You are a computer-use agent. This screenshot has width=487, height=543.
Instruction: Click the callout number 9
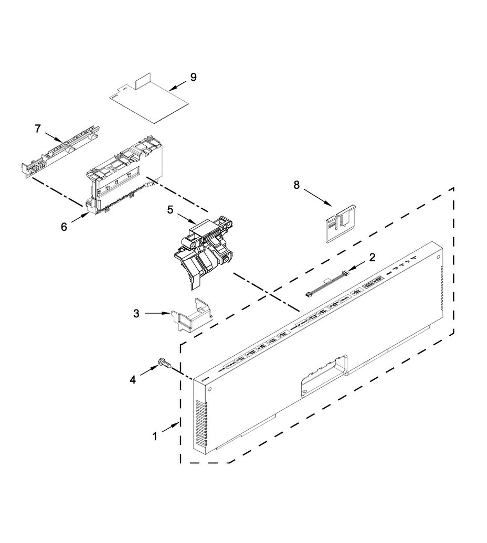(193, 78)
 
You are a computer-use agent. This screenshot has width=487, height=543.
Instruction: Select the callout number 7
(37, 128)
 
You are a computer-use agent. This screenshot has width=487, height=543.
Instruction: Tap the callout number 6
(63, 227)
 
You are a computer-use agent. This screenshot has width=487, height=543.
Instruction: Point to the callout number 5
(170, 209)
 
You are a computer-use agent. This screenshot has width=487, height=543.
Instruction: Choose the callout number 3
(136, 313)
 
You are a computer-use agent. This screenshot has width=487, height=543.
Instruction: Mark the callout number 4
(133, 379)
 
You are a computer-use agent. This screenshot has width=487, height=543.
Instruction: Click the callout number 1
(155, 436)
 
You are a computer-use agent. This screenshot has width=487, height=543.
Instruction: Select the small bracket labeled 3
(192, 315)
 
